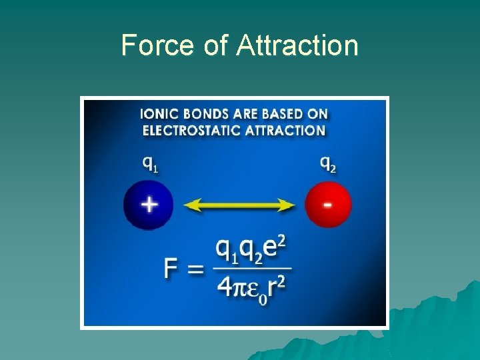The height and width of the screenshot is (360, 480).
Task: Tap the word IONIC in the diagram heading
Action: pos(159,114)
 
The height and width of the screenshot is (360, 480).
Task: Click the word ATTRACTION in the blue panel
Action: pos(285,131)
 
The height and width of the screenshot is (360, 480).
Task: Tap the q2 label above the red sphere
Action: pos(328,163)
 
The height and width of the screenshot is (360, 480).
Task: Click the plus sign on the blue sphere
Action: pos(148,204)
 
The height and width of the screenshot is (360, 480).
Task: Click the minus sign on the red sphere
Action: pos(328,204)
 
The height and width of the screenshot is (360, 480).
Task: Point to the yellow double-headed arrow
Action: pos(239,205)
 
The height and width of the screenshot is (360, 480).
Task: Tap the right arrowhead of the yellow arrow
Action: pos(288,205)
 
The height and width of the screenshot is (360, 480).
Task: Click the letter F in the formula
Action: pos(171,270)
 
